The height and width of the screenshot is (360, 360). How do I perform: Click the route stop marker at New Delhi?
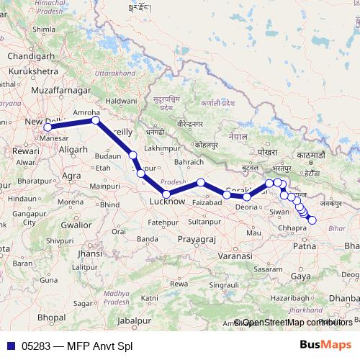tap(48, 128)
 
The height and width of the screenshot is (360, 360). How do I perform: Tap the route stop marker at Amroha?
tap(95, 121)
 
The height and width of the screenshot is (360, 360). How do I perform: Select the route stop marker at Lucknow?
tap(166, 194)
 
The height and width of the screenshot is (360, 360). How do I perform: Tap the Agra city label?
tap(72, 175)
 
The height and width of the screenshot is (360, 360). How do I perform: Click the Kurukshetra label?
tap(34, 73)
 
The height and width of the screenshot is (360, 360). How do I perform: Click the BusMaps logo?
tap(325, 346)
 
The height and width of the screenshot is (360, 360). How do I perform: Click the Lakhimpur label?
tap(160, 148)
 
